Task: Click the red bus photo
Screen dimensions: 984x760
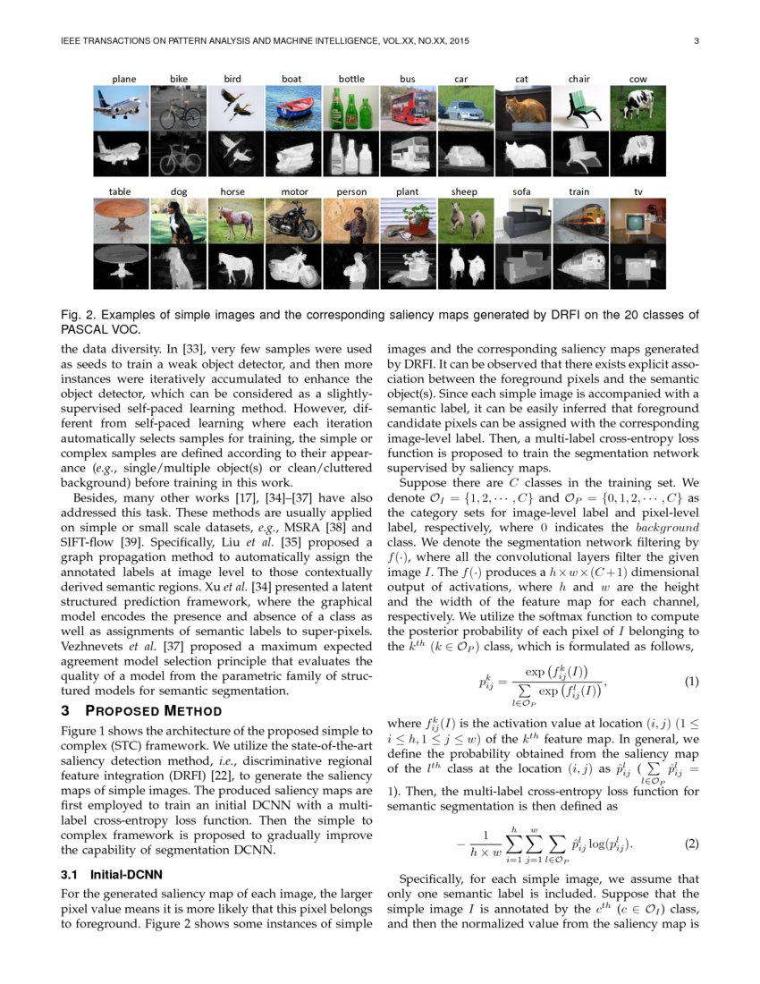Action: click(409, 108)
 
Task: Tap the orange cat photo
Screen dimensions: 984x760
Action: click(523, 108)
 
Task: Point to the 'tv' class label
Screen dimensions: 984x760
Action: click(638, 191)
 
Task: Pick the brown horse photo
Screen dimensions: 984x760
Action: click(236, 220)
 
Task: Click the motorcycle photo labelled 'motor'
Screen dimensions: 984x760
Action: click(294, 220)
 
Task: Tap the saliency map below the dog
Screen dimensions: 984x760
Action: click(178, 266)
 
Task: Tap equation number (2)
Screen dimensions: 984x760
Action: click(690, 844)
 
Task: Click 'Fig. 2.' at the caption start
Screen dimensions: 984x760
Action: click(78, 315)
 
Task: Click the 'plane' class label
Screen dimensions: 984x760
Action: click(124, 79)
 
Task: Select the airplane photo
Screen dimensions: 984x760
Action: click(122, 108)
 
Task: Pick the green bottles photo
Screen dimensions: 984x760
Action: click(351, 108)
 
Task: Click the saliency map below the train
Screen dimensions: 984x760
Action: click(580, 266)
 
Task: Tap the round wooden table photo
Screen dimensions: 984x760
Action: click(122, 220)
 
